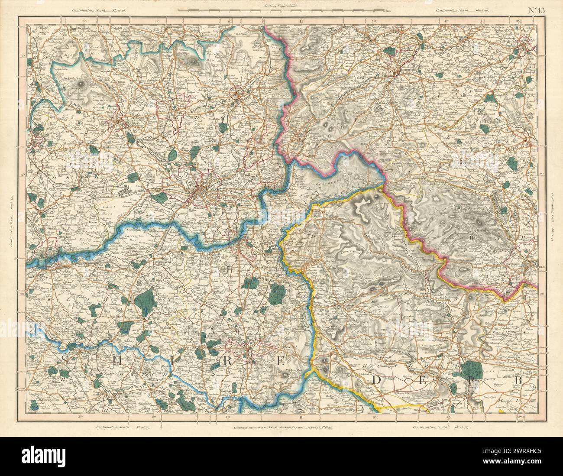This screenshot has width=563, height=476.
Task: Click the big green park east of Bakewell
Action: [470, 369]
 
